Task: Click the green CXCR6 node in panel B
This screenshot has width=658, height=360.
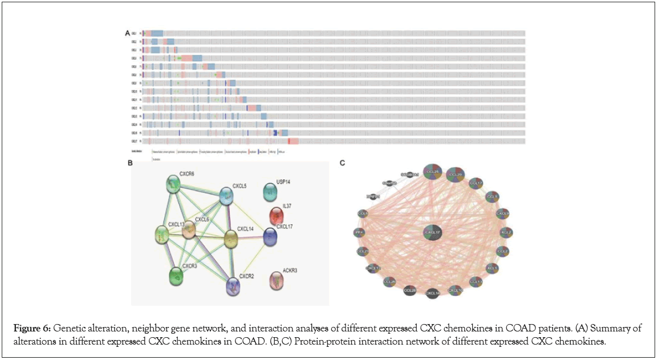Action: click(173, 184)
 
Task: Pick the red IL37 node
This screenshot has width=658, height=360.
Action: click(277, 216)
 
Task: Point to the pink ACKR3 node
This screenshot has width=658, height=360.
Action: click(277, 280)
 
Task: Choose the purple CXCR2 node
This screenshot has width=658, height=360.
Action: click(233, 286)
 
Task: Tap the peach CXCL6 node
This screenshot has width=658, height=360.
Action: click(188, 229)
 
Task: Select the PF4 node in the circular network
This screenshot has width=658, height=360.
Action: click(359, 232)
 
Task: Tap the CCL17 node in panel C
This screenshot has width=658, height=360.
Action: click(476, 183)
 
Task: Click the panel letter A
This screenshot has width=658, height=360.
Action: click(127, 33)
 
